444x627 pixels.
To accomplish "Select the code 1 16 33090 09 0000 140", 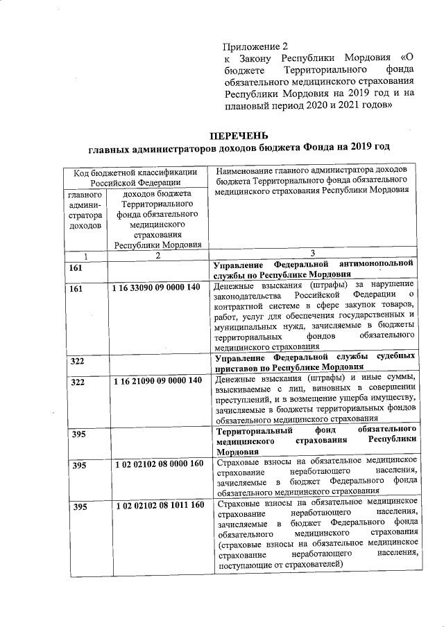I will pos(157,287).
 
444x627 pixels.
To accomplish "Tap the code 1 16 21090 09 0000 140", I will pos(157,380).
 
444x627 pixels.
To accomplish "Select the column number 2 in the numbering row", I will pos(157,256).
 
